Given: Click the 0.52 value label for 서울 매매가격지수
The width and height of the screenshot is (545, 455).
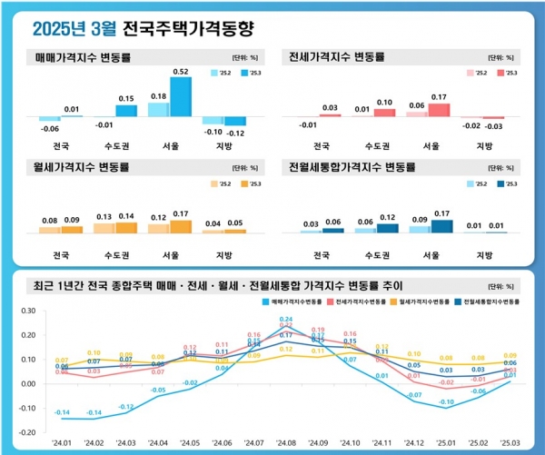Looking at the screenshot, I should click(180, 71).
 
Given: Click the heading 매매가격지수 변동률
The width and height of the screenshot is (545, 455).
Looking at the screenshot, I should click(83, 56).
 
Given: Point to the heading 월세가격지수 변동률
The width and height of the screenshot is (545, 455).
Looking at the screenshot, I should click(83, 168).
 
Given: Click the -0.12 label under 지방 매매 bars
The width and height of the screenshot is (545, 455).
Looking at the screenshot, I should click(234, 134).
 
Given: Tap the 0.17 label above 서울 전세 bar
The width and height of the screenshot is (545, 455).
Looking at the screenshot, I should click(438, 96).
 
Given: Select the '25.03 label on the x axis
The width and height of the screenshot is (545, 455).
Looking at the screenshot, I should click(509, 442).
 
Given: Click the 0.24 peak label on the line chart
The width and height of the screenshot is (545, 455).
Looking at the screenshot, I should click(285, 319).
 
